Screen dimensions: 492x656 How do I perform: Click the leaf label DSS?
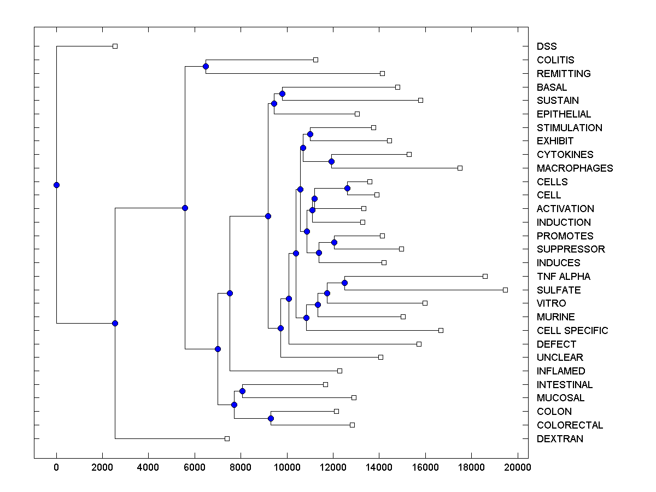[x=547, y=46]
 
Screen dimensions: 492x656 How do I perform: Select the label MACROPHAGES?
[x=575, y=168]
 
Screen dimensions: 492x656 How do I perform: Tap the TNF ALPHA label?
[x=563, y=277]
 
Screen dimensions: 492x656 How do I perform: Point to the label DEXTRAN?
[x=560, y=439]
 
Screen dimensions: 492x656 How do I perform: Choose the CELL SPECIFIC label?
[x=572, y=331]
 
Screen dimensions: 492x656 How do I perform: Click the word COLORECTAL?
[x=570, y=425]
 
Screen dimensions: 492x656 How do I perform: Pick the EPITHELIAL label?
[x=564, y=114]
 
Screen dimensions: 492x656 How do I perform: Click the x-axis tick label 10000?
[x=287, y=467]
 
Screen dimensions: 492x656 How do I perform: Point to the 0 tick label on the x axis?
[x=56, y=467]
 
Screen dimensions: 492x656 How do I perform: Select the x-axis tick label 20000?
[x=517, y=467]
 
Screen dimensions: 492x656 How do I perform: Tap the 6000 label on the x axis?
[x=195, y=467]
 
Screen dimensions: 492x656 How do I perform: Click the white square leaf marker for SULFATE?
[x=505, y=290]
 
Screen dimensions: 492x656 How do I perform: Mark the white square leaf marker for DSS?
[x=115, y=46]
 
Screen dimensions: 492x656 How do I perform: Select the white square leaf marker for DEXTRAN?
[x=227, y=438]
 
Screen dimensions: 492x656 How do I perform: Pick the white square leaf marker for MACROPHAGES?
[x=460, y=168]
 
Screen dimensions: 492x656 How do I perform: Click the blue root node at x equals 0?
[x=56, y=185]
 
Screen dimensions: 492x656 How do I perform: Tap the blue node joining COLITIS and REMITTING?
[x=206, y=67]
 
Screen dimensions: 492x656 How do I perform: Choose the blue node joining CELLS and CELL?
[x=347, y=188]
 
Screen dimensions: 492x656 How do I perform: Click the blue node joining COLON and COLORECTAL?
[x=271, y=418]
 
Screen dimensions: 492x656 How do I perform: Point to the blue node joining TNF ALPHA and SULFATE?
[x=344, y=283]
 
